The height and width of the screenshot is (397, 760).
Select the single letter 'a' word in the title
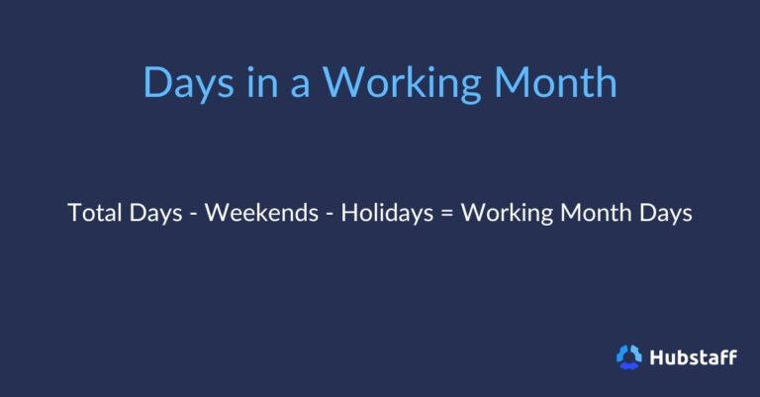coord(300,84)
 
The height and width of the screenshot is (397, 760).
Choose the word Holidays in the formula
coord(385,215)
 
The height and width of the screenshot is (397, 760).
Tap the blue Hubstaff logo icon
coord(629,356)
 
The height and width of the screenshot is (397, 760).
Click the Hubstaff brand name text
coord(693,356)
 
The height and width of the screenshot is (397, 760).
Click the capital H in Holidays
coord(348,214)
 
